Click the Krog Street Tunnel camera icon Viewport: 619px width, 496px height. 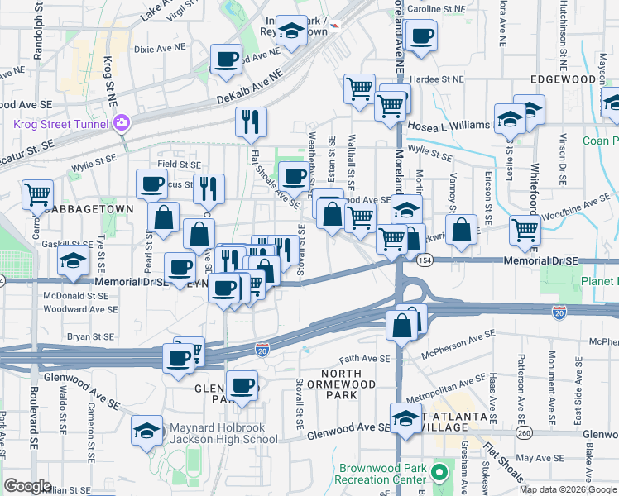click(x=122, y=123)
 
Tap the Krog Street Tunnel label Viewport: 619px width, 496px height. click(x=60, y=124)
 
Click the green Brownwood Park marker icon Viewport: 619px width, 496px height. click(x=439, y=474)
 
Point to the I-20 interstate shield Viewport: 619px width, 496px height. click(x=262, y=350)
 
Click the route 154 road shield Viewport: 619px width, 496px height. click(x=424, y=260)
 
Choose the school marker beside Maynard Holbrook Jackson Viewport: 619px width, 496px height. click(x=147, y=430)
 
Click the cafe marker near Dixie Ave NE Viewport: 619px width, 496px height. click(x=226, y=59)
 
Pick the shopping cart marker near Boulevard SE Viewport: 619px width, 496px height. click(x=37, y=195)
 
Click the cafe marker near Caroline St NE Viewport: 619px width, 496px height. click(x=421, y=36)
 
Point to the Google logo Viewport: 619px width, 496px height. click(x=28, y=486)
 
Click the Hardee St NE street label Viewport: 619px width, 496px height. click(x=438, y=79)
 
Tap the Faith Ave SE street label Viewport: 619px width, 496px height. click(x=364, y=359)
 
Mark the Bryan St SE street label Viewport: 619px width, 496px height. click(x=90, y=336)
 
